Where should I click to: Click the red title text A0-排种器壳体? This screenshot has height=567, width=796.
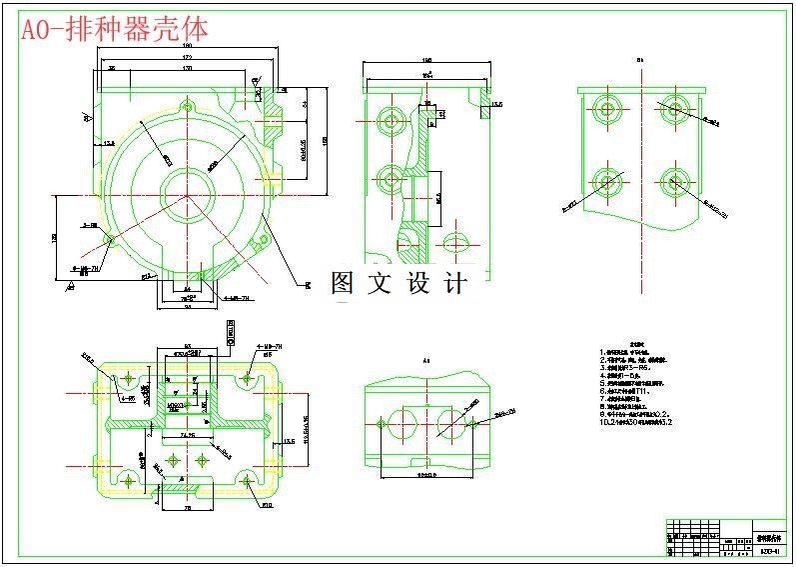[116, 30]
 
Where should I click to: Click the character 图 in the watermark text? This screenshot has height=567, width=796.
[344, 283]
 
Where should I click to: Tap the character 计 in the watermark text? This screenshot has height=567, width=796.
[454, 283]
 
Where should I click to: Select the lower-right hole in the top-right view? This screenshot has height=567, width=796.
[675, 182]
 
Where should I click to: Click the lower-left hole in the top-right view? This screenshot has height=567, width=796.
[607, 182]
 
